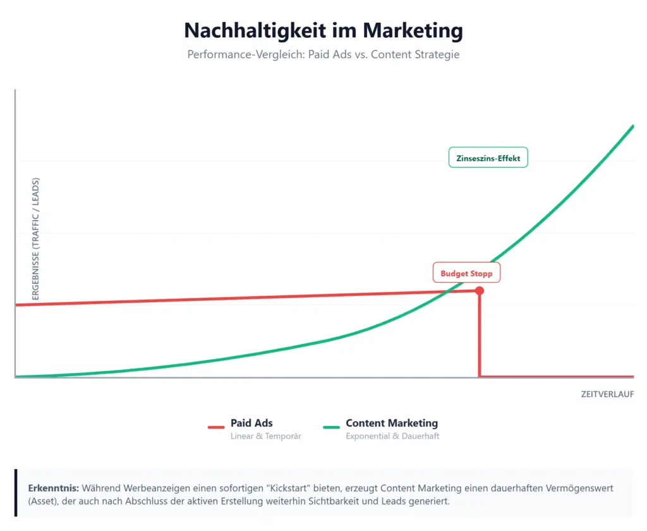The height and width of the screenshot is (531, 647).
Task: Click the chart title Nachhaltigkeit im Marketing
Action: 323,30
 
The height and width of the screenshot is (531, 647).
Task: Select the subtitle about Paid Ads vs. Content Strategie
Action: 323,54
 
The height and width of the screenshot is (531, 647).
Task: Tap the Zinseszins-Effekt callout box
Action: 488,158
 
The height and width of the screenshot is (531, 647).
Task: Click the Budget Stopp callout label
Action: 466,274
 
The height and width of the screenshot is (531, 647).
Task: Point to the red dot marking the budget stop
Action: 480,291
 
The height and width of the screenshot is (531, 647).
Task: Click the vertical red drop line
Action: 480,335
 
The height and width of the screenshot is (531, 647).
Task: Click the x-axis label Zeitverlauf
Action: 607,394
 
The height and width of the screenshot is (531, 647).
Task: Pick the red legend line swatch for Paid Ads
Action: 216,428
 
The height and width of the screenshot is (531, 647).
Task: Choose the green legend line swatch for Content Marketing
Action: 331,428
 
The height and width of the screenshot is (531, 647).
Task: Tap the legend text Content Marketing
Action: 392,423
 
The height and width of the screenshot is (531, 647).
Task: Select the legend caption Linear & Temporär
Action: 266,436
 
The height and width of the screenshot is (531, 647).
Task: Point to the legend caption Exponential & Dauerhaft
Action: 392,436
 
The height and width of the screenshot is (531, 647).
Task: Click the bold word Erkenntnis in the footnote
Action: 53,489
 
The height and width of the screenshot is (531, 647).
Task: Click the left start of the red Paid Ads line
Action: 16,305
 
